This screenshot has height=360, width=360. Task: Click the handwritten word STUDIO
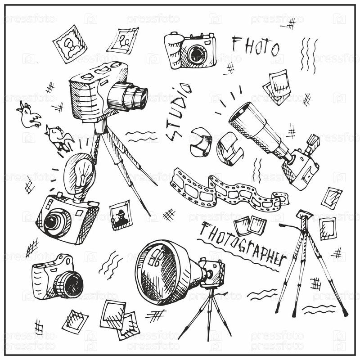[179, 111]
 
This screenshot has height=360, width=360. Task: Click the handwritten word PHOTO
[255, 46]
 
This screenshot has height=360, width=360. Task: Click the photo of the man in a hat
[121, 215]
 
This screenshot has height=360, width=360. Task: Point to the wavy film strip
[229, 191]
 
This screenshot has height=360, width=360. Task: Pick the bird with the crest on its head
[28, 115]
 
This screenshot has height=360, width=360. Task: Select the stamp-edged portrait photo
[70, 44]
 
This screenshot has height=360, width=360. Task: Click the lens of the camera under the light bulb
[54, 221]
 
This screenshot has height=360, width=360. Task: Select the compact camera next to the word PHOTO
[190, 50]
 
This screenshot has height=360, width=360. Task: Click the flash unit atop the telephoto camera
[313, 142]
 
